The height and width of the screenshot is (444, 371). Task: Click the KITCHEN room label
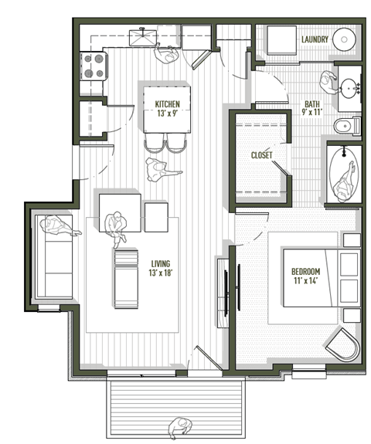click(x=168, y=104)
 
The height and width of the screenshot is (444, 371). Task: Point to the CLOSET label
click(x=261, y=154)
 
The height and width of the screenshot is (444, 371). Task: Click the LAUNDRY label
click(x=317, y=39)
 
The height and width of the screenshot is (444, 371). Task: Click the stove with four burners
click(x=94, y=66)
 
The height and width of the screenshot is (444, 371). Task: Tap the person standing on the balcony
click(x=182, y=427)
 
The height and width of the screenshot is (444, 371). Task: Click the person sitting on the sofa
click(x=59, y=227)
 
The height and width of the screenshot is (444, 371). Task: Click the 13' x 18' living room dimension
click(x=161, y=273)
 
